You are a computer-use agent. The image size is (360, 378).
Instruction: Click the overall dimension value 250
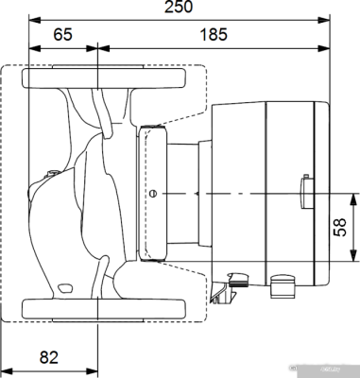(x=179, y=9)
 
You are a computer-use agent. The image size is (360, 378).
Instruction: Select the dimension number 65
(x=63, y=35)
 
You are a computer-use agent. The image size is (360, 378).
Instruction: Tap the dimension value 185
(x=213, y=35)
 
